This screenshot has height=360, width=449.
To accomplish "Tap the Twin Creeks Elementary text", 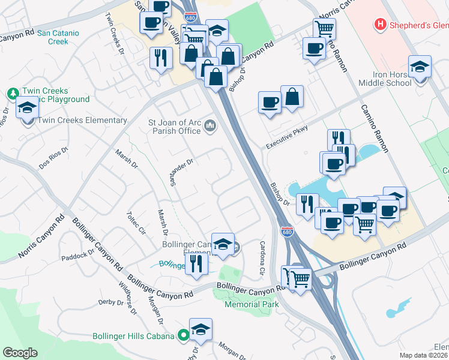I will [82, 121].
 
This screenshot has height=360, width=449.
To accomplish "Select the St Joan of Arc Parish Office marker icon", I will [210, 125].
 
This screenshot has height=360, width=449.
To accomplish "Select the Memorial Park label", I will [252, 304].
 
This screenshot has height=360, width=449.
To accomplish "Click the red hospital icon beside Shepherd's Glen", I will [379, 25].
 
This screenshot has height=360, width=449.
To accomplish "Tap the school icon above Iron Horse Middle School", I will [420, 66].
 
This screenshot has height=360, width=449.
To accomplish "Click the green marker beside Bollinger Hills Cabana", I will [183, 335].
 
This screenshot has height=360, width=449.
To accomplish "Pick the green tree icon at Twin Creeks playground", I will [13, 94].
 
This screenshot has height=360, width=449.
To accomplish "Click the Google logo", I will [20, 353].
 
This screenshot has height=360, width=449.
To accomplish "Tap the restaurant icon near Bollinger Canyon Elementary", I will [196, 262].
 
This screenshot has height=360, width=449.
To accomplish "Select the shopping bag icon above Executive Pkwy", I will [292, 96].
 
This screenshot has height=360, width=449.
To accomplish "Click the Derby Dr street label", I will [110, 302].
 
